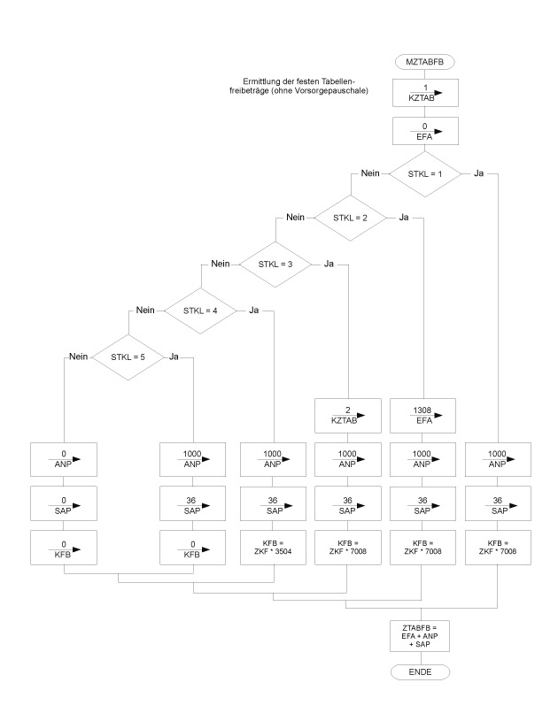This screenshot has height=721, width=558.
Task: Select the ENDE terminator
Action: [x=422, y=671]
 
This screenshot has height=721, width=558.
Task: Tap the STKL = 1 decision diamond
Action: [x=422, y=173]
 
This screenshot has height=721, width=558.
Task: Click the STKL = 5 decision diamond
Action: [x=129, y=358]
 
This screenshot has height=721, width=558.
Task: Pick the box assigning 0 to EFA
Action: [x=422, y=133]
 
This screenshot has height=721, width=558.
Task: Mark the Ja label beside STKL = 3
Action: [x=329, y=263]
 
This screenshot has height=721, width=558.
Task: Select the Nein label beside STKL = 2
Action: [x=294, y=217]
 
